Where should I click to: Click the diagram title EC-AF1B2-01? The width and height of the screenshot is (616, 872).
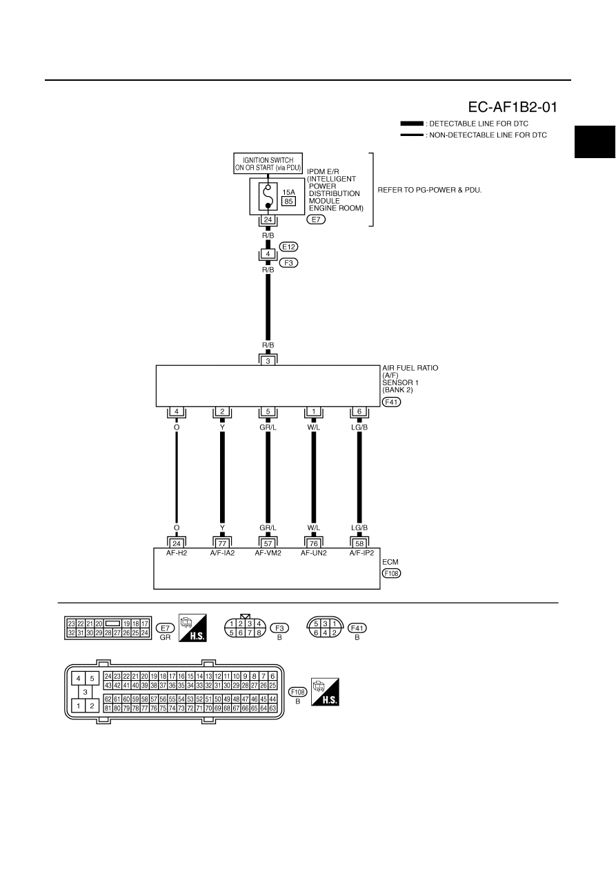512,107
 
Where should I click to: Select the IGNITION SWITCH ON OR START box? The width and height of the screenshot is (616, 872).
268,164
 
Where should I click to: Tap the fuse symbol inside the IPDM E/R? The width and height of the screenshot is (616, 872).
268,197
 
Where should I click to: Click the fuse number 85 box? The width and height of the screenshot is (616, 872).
288,202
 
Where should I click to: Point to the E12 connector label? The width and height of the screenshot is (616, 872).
288,246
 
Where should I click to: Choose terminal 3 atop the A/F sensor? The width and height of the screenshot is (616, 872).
268,361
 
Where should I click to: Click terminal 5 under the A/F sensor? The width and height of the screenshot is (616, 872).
268,411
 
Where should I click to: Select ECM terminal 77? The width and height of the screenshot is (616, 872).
222,543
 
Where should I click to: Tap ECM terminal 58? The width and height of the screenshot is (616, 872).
359,543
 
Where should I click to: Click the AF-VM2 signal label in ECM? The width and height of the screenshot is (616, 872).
268,553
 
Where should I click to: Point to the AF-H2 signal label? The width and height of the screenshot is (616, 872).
177,553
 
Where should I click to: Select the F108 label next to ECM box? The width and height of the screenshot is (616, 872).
391,574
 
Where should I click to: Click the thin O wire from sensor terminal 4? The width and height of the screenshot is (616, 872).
177,477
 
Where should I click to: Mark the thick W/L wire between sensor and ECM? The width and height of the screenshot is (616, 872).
314,477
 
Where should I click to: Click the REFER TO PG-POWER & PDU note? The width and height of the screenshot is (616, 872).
430,190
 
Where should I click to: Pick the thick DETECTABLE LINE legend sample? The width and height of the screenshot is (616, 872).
412,124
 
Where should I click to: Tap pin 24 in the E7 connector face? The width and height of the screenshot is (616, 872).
145,633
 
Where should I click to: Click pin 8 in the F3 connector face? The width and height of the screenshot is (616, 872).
259,633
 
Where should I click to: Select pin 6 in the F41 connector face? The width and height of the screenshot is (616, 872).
316,633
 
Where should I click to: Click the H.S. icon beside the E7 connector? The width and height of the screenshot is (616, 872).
192,628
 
